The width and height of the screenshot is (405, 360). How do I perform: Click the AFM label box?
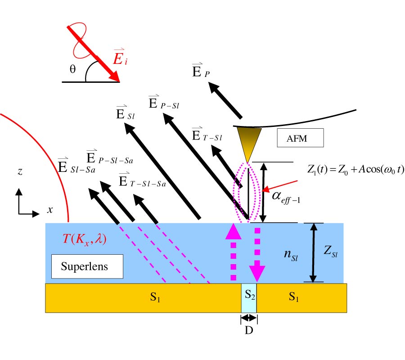point(299,138)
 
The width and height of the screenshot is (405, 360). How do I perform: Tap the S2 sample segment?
point(249,297)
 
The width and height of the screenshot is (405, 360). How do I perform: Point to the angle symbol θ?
point(72,71)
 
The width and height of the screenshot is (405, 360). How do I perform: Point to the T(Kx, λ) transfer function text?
point(84,239)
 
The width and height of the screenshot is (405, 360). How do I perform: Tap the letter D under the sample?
point(248,331)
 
